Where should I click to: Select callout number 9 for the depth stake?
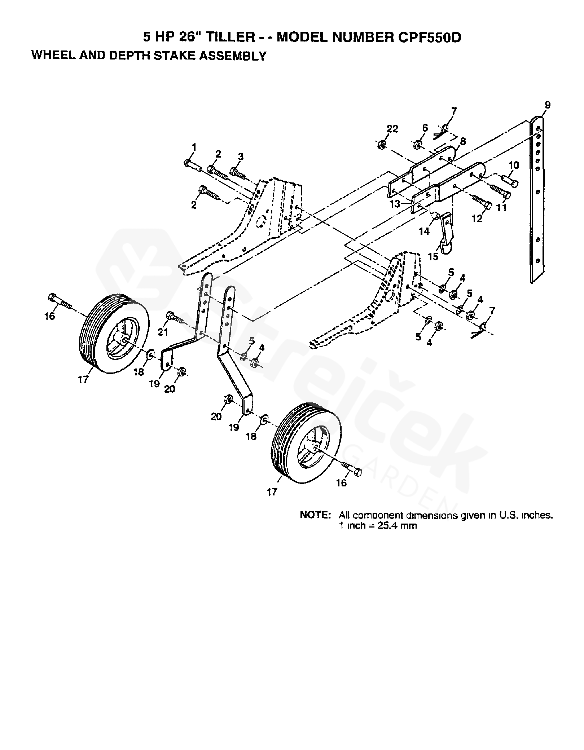coord(548,105)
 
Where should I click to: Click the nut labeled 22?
coord(382,145)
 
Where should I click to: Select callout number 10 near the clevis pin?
coord(514,165)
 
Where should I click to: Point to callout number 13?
coord(395,204)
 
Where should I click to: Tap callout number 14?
coord(424,231)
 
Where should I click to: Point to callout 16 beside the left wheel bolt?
coord(50,316)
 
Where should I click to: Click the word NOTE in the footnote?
coord(315,515)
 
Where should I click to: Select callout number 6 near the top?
coord(425,128)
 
